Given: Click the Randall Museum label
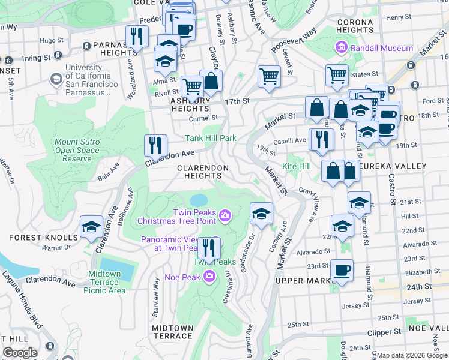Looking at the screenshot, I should pos(382,48).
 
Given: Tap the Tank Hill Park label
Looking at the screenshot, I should pos(211,138).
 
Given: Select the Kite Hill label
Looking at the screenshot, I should pos(297,165).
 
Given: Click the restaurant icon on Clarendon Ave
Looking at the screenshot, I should pos(155,146).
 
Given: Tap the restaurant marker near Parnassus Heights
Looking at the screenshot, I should pos(137,37).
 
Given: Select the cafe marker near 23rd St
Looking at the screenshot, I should pos(342,270).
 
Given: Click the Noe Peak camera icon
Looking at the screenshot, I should pos(209,277).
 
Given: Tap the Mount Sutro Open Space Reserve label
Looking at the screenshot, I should pos(77,150).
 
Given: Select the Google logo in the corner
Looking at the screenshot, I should pos(20,353).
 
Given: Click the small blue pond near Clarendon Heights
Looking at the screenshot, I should pos(198,199).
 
